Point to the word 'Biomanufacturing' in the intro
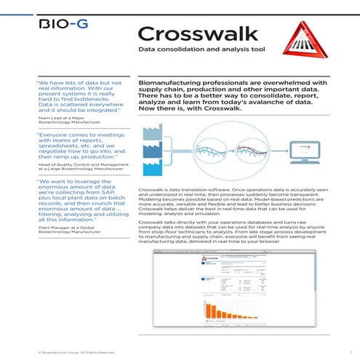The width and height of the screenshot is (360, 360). tap(169, 84)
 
